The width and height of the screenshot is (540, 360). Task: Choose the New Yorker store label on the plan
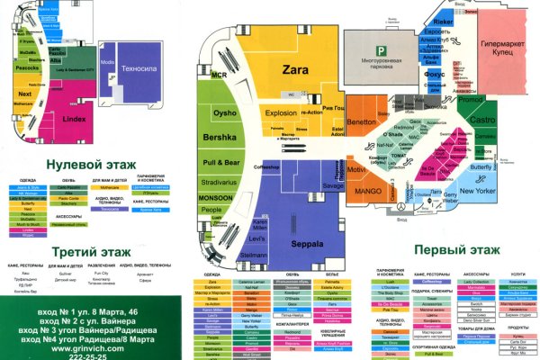tap(479, 191)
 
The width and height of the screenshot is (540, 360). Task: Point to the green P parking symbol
tap(381, 50)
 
